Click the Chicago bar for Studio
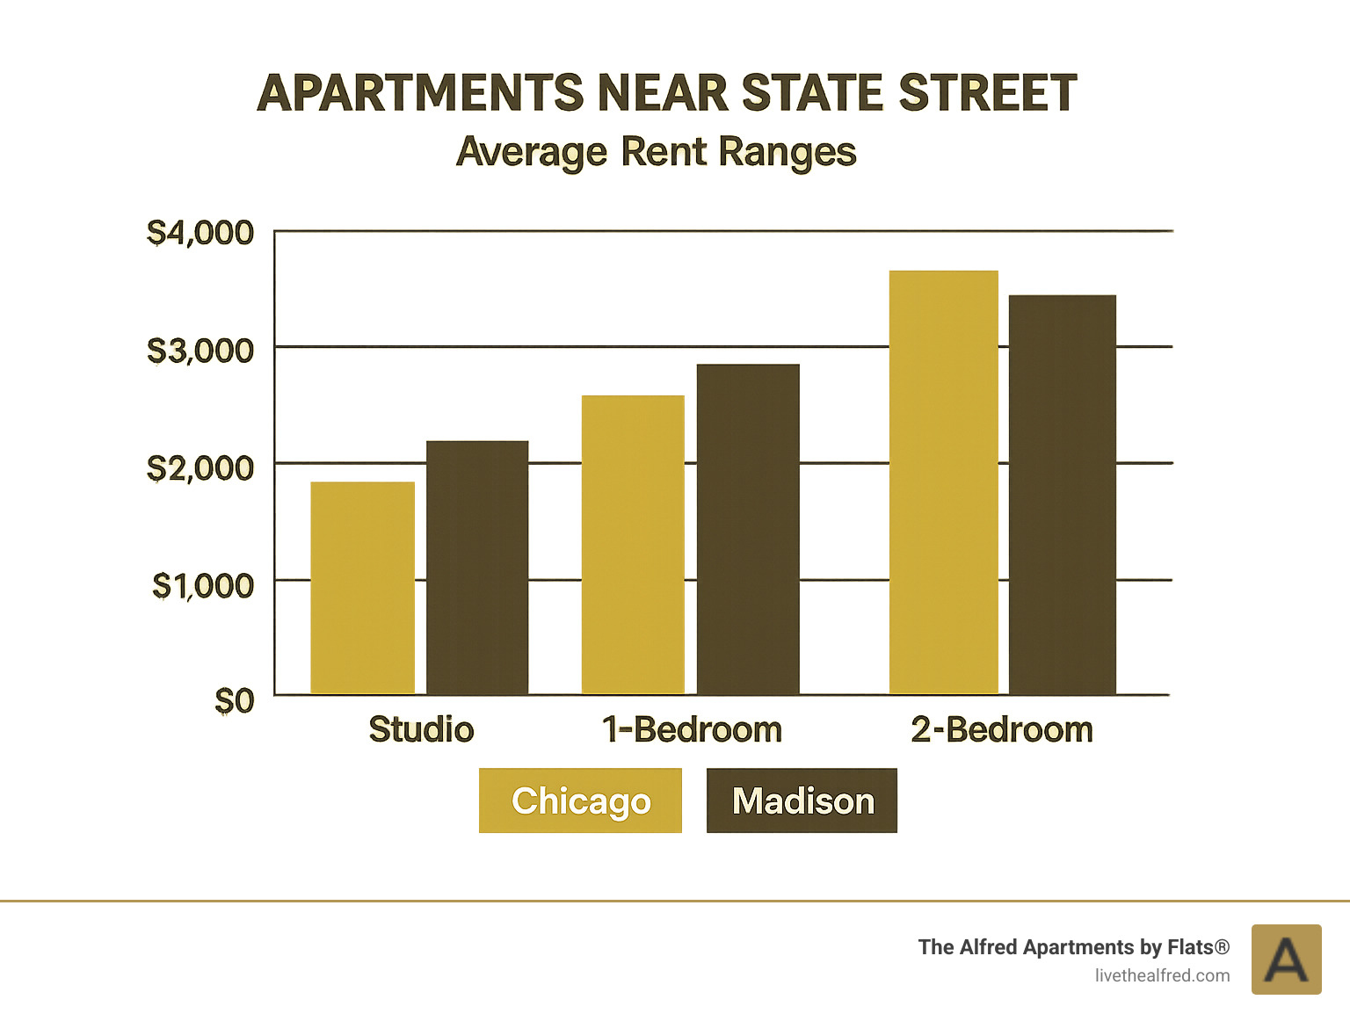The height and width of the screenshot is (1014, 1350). [x=362, y=588]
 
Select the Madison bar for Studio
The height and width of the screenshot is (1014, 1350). [x=477, y=568]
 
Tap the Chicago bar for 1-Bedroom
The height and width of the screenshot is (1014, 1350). [x=633, y=545]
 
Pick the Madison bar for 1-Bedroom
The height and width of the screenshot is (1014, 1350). [x=748, y=529]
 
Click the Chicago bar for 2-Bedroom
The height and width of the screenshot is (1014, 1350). [x=943, y=482]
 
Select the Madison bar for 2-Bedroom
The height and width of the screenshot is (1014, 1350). [x=1062, y=495]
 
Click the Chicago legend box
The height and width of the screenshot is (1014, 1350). [x=580, y=800]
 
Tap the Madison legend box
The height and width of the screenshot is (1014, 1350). [x=802, y=800]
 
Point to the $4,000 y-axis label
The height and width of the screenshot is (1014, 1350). [x=200, y=233]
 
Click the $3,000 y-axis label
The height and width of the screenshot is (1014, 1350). [x=200, y=351]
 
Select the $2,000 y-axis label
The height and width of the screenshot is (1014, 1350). [x=200, y=468]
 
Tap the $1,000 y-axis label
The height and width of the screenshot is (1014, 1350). [x=203, y=585]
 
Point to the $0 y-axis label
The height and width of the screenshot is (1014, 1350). [x=234, y=701]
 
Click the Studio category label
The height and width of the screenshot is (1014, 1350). [x=421, y=729]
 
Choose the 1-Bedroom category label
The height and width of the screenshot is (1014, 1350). [x=692, y=729]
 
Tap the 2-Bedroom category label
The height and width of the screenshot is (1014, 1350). [x=1002, y=729]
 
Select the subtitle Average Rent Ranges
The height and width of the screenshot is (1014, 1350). [x=657, y=151]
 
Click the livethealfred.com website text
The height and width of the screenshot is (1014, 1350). [x=1162, y=975]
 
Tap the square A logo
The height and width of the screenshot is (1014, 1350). [x=1286, y=960]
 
